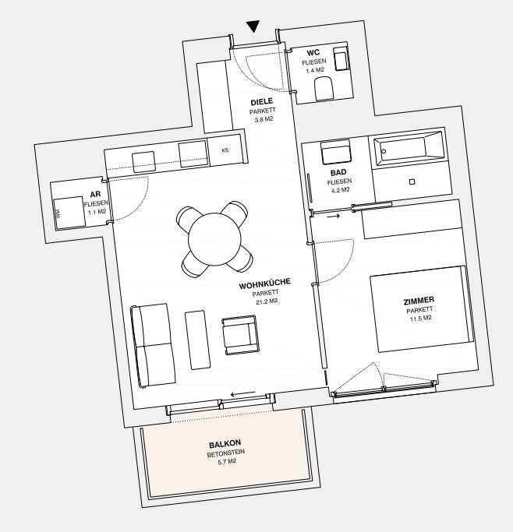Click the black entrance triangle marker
[253, 26]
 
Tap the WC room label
[313, 53]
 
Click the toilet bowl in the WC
[324, 89]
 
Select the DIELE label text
[262, 102]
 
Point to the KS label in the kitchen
[225, 150]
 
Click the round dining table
[214, 239]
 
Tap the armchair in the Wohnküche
[239, 335]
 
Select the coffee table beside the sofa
[197, 340]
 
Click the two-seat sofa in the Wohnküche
[153, 345]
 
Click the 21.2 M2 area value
[267, 301]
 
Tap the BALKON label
[225, 443]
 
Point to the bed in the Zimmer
[422, 308]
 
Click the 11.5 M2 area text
[421, 319]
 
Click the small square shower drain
[412, 181]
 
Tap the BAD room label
[338, 172]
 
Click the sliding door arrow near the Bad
[333, 216]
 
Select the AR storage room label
[95, 195]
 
